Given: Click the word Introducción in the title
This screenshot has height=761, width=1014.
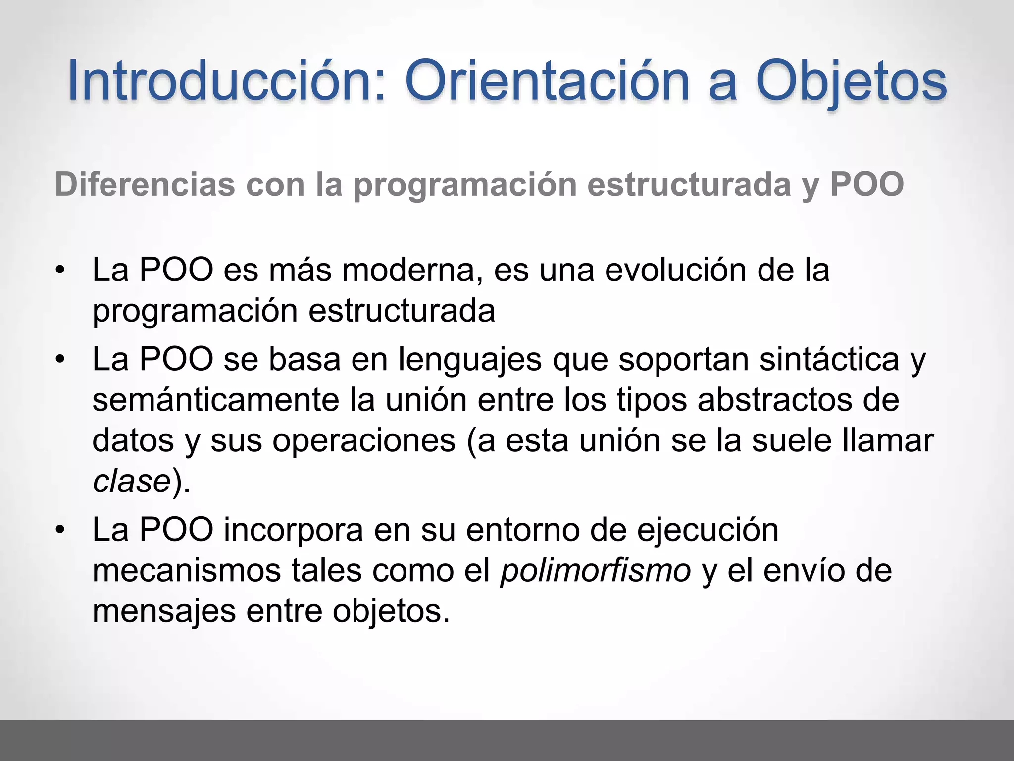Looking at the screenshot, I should tap(226, 81).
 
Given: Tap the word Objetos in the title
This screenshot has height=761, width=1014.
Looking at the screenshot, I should tap(851, 81).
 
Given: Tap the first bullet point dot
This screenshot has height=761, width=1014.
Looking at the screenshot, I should tap(60, 271).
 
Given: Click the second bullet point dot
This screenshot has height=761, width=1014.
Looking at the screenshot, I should tap(60, 360).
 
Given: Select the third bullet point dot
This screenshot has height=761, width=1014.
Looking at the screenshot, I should tap(60, 531).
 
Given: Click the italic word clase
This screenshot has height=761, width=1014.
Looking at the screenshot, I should tap(132, 481).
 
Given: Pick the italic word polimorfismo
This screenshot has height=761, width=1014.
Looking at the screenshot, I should tap(595, 571).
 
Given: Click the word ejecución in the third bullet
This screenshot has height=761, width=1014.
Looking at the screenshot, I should tap(708, 530).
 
